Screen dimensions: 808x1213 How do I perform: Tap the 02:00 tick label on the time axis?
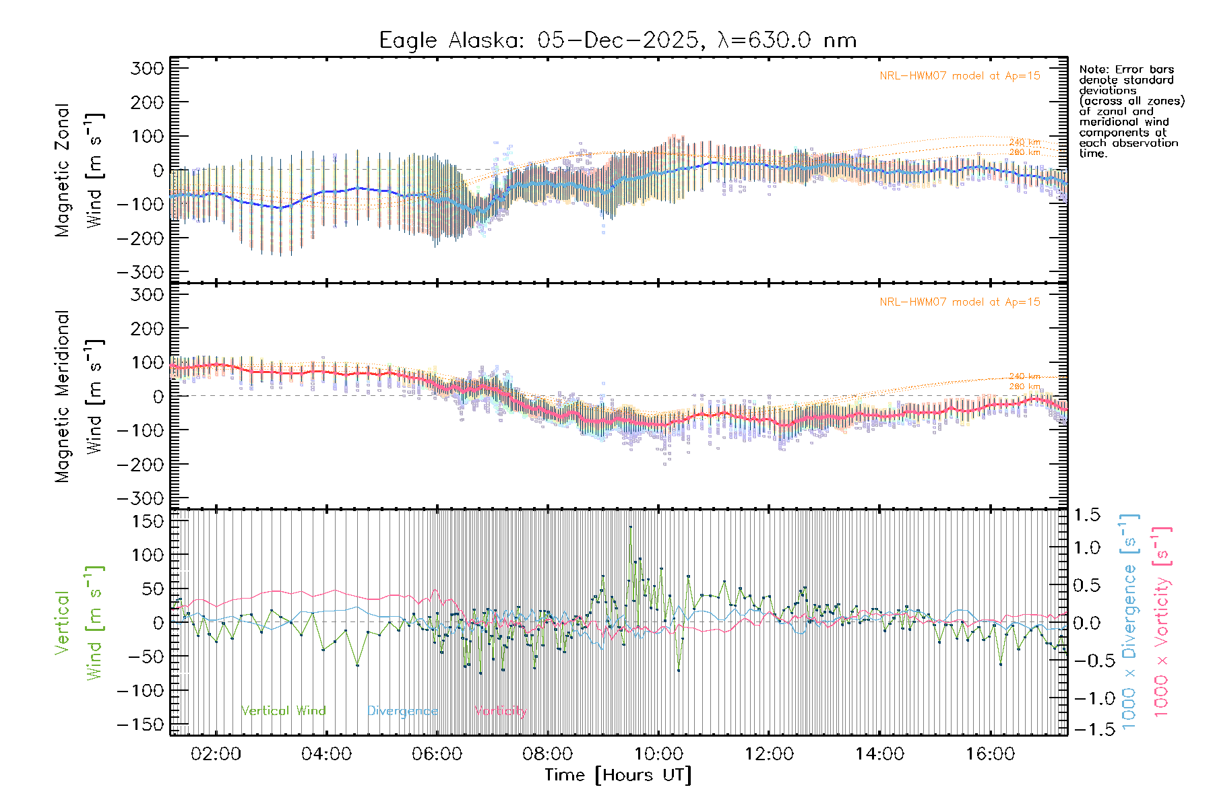click(x=216, y=753)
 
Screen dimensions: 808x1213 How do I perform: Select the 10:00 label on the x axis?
click(x=658, y=753)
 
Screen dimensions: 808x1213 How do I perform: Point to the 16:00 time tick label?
click(x=990, y=753)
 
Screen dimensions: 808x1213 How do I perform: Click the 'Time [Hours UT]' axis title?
click(x=618, y=775)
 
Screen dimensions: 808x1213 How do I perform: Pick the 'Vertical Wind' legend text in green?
click(x=283, y=710)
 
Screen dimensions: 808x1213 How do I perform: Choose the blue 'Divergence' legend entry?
click(x=402, y=710)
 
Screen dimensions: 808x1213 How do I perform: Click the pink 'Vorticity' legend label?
click(x=500, y=710)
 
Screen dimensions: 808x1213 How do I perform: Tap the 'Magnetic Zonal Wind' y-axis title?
click(x=80, y=170)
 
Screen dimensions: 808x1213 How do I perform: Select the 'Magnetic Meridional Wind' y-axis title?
click(x=80, y=396)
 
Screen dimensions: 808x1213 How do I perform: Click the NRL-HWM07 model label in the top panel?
click(x=960, y=75)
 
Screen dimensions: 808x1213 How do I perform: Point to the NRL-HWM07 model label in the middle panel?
click(x=960, y=302)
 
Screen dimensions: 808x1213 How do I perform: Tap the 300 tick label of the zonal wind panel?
click(x=147, y=68)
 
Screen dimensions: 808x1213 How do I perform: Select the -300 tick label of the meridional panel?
click(x=140, y=498)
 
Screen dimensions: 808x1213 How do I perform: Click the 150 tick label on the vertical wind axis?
click(x=148, y=521)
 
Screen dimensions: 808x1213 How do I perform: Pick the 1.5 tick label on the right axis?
click(x=1086, y=515)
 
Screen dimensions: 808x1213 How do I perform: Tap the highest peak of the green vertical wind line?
click(x=630, y=527)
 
